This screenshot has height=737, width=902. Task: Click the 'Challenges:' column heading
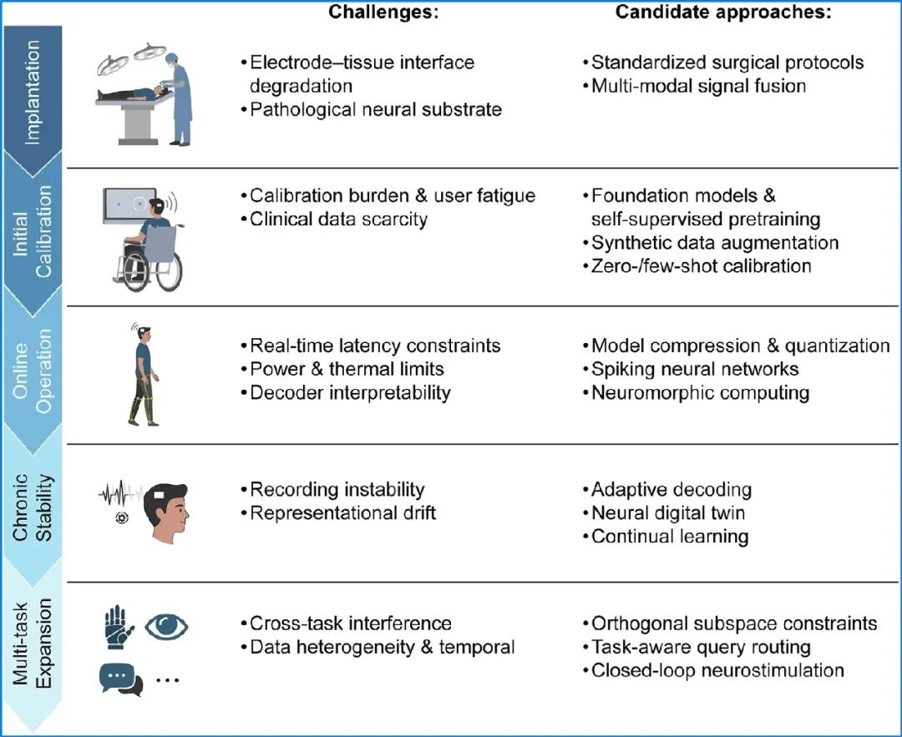(383, 12)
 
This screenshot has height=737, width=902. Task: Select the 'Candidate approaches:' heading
(723, 12)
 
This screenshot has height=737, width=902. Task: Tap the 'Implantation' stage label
(33, 93)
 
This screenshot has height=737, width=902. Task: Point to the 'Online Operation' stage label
(33, 371)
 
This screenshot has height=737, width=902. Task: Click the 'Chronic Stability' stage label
(33, 507)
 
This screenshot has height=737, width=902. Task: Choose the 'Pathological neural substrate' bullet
(372, 109)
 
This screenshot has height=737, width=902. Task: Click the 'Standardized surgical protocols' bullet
(723, 62)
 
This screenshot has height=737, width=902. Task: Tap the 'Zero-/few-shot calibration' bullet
(697, 266)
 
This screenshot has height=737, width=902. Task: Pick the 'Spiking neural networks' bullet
(691, 369)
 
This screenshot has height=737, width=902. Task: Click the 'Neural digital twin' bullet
(664, 512)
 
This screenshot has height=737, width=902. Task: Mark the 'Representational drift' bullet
(339, 512)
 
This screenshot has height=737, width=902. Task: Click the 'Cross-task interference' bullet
(347, 623)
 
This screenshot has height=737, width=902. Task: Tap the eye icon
(166, 625)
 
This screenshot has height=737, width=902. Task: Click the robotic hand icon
(119, 627)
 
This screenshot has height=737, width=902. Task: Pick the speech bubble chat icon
(121, 679)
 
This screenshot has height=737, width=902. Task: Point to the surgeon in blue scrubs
(178, 98)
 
